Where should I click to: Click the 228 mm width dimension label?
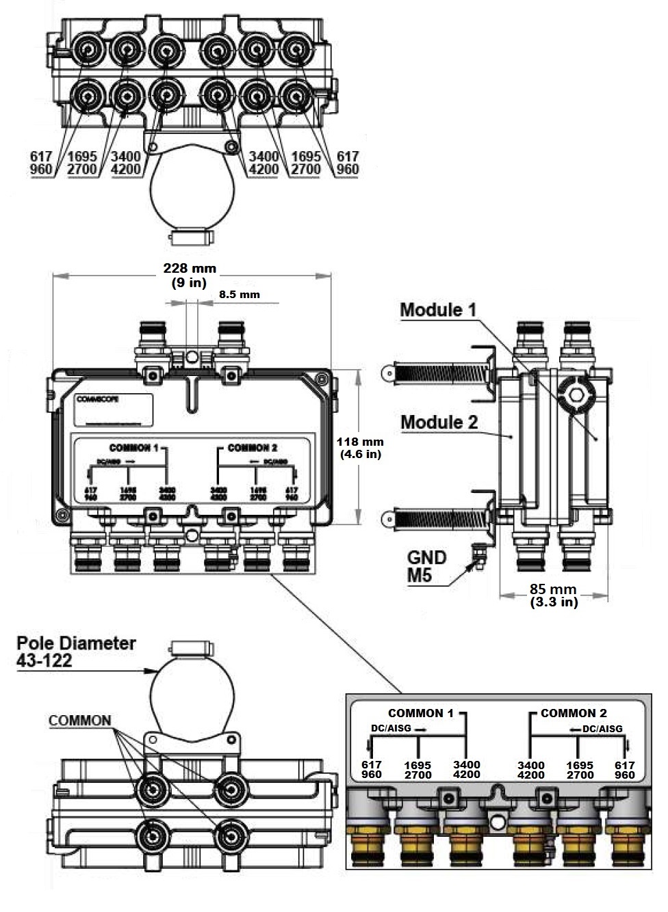click(190, 275)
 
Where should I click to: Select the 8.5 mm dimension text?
click(240, 295)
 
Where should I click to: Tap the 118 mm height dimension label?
click(360, 448)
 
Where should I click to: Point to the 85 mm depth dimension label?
click(553, 595)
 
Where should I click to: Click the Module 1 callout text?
click(438, 310)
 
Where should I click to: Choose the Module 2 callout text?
click(439, 422)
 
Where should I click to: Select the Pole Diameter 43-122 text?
click(75, 651)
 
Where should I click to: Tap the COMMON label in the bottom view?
click(79, 721)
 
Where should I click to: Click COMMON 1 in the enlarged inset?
click(420, 713)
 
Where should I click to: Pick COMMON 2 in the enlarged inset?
click(573, 713)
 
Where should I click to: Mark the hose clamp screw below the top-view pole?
click(191, 237)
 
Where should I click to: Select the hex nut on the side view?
click(576, 393)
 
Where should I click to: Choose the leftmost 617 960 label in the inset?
click(372, 769)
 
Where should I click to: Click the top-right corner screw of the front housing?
click(320, 379)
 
